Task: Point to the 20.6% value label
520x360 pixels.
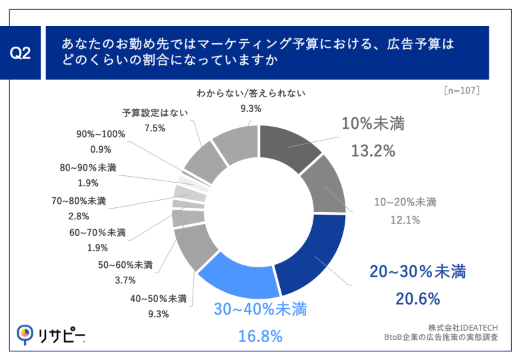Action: [417, 299]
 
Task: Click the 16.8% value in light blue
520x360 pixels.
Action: [260, 337]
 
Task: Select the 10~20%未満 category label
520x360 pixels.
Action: [406, 202]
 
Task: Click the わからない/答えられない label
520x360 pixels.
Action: [251, 93]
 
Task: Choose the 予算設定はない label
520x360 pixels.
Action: [154, 111]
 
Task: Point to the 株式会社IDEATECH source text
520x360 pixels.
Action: [461, 327]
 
